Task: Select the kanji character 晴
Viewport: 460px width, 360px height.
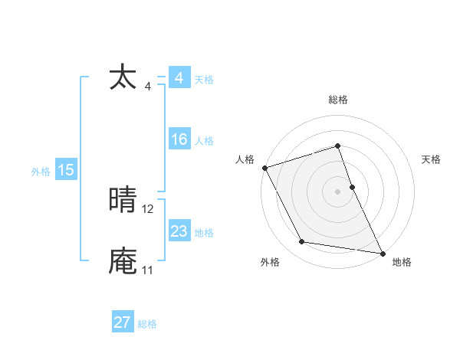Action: [123, 201]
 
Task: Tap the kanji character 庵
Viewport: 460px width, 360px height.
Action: [123, 261]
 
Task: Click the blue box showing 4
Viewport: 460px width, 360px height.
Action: [179, 78]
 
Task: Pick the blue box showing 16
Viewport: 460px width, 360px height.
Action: [179, 139]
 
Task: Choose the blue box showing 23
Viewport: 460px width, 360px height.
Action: [179, 231]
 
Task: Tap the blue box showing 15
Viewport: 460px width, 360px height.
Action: [66, 170]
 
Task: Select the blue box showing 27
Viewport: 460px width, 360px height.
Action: [123, 322]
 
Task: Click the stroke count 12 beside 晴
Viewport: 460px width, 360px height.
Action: [148, 208]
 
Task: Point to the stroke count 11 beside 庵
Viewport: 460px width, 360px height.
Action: [147, 270]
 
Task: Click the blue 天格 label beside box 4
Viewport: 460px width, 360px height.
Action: [204, 80]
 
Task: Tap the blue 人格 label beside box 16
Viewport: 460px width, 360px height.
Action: [204, 141]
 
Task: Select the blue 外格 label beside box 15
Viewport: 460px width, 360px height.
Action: [41, 172]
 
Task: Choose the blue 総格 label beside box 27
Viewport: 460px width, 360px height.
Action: [147, 324]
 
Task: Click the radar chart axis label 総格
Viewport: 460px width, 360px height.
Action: [338, 100]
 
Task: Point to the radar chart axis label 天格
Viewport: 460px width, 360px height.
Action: [432, 159]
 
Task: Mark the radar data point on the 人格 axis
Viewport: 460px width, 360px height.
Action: [264, 167]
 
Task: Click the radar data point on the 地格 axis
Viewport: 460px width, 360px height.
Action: [382, 252]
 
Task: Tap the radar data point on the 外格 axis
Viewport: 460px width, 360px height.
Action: [302, 242]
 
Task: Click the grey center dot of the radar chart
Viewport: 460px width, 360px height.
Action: [338, 191]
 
